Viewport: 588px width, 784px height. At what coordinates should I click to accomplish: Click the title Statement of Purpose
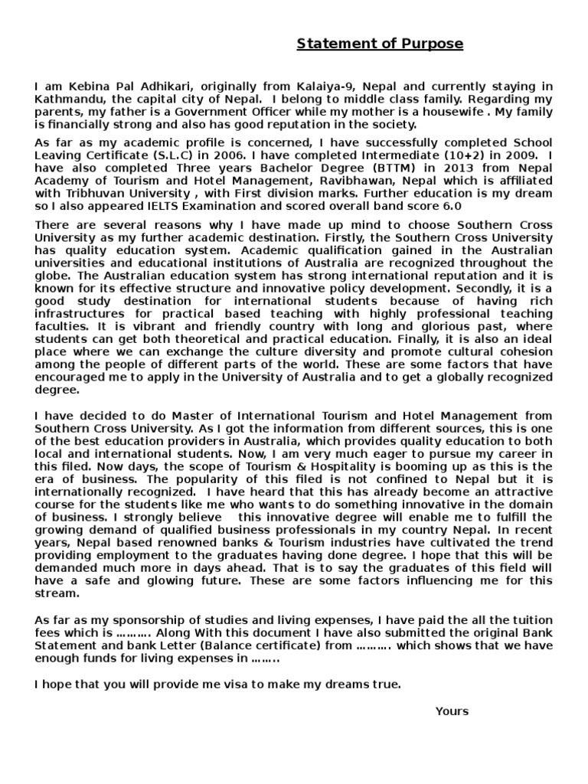(x=380, y=44)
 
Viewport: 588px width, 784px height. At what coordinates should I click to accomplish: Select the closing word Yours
(x=451, y=711)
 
